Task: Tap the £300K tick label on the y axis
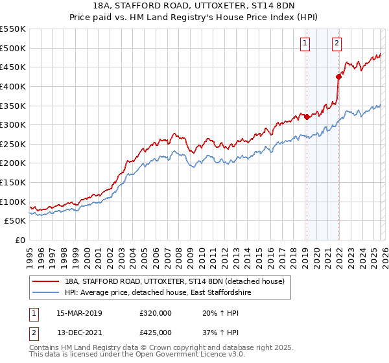pos(13,124)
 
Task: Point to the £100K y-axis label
pos(13,202)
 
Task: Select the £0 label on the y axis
pos(19,240)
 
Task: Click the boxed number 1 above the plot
pos(305,44)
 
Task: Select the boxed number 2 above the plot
pos(337,44)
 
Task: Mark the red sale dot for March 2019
pos(307,117)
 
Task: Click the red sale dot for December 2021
pos(338,76)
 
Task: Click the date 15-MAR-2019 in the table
pos(80,313)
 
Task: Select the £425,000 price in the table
pos(156,332)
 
